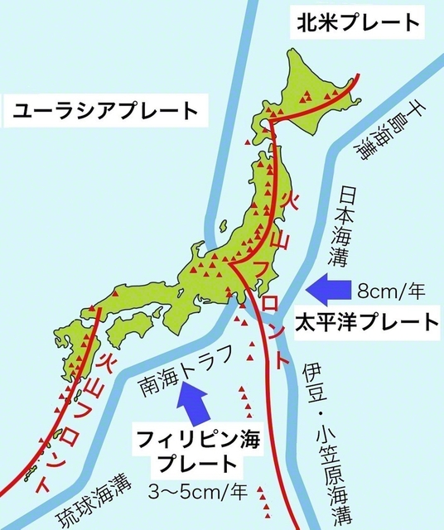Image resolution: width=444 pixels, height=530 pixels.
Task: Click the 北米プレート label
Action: [x=357, y=22]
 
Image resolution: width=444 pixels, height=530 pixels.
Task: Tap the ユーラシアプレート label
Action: [x=105, y=110]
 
